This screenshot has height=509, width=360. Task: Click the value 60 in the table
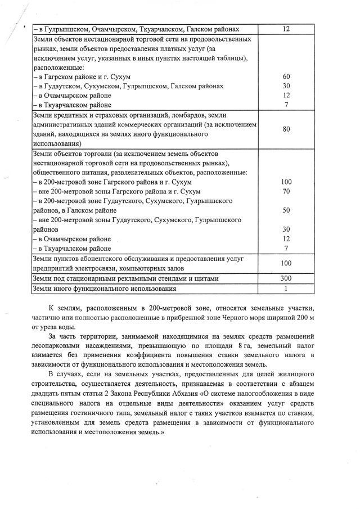pos(286,76)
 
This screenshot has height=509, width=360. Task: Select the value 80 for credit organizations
pos(286,129)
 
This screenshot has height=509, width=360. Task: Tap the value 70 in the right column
pos(286,191)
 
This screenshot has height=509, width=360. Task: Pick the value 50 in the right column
pos(286,210)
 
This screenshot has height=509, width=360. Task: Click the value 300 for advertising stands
pos(286,278)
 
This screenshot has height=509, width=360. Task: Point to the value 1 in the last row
pos(286,289)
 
